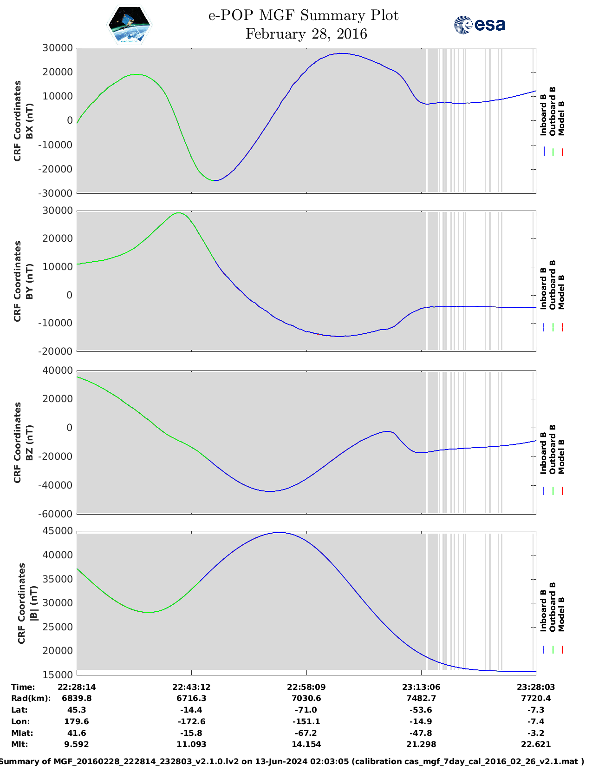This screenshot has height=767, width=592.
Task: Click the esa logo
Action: point(480,25)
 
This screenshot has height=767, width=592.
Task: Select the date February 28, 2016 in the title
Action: point(306,34)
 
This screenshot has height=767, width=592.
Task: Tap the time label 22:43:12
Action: point(191,687)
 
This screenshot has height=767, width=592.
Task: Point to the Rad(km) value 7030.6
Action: point(306,698)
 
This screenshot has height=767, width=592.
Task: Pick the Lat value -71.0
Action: point(306,710)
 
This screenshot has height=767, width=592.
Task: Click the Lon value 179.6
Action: point(77,721)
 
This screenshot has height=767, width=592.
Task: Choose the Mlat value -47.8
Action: point(421,733)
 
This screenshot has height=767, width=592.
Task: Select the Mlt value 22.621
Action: point(535,744)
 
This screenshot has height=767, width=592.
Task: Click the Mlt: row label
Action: point(20,744)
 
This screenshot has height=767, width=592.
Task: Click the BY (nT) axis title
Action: point(29,281)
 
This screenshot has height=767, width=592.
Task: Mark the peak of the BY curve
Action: point(179,213)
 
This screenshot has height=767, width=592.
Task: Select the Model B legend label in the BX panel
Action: point(561,118)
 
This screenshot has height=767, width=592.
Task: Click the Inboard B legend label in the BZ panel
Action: point(543,453)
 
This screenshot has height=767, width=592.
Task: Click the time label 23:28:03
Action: point(535,687)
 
